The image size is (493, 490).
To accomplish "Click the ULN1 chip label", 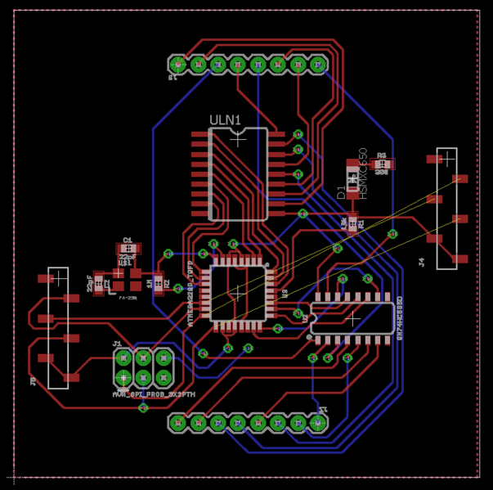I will coord(225,120).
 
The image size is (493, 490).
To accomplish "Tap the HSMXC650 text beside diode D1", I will coord(364,173).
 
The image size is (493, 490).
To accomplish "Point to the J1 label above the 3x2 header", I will coord(117,344).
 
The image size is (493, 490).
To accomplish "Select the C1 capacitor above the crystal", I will coord(128,246).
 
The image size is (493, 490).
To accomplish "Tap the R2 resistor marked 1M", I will coord(159,284).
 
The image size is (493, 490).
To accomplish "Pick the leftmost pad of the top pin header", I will coord(178,64).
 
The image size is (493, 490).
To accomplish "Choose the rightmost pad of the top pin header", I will coord(319,64).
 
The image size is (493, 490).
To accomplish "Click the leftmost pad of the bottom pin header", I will coord(178,423).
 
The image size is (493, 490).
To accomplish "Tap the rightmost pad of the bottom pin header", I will coord(319,423).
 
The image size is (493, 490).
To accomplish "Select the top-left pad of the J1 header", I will coord(123,357).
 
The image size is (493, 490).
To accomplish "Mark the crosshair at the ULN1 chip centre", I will coord(238,140).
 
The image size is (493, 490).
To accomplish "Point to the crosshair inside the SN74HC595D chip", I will coord(352,317).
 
